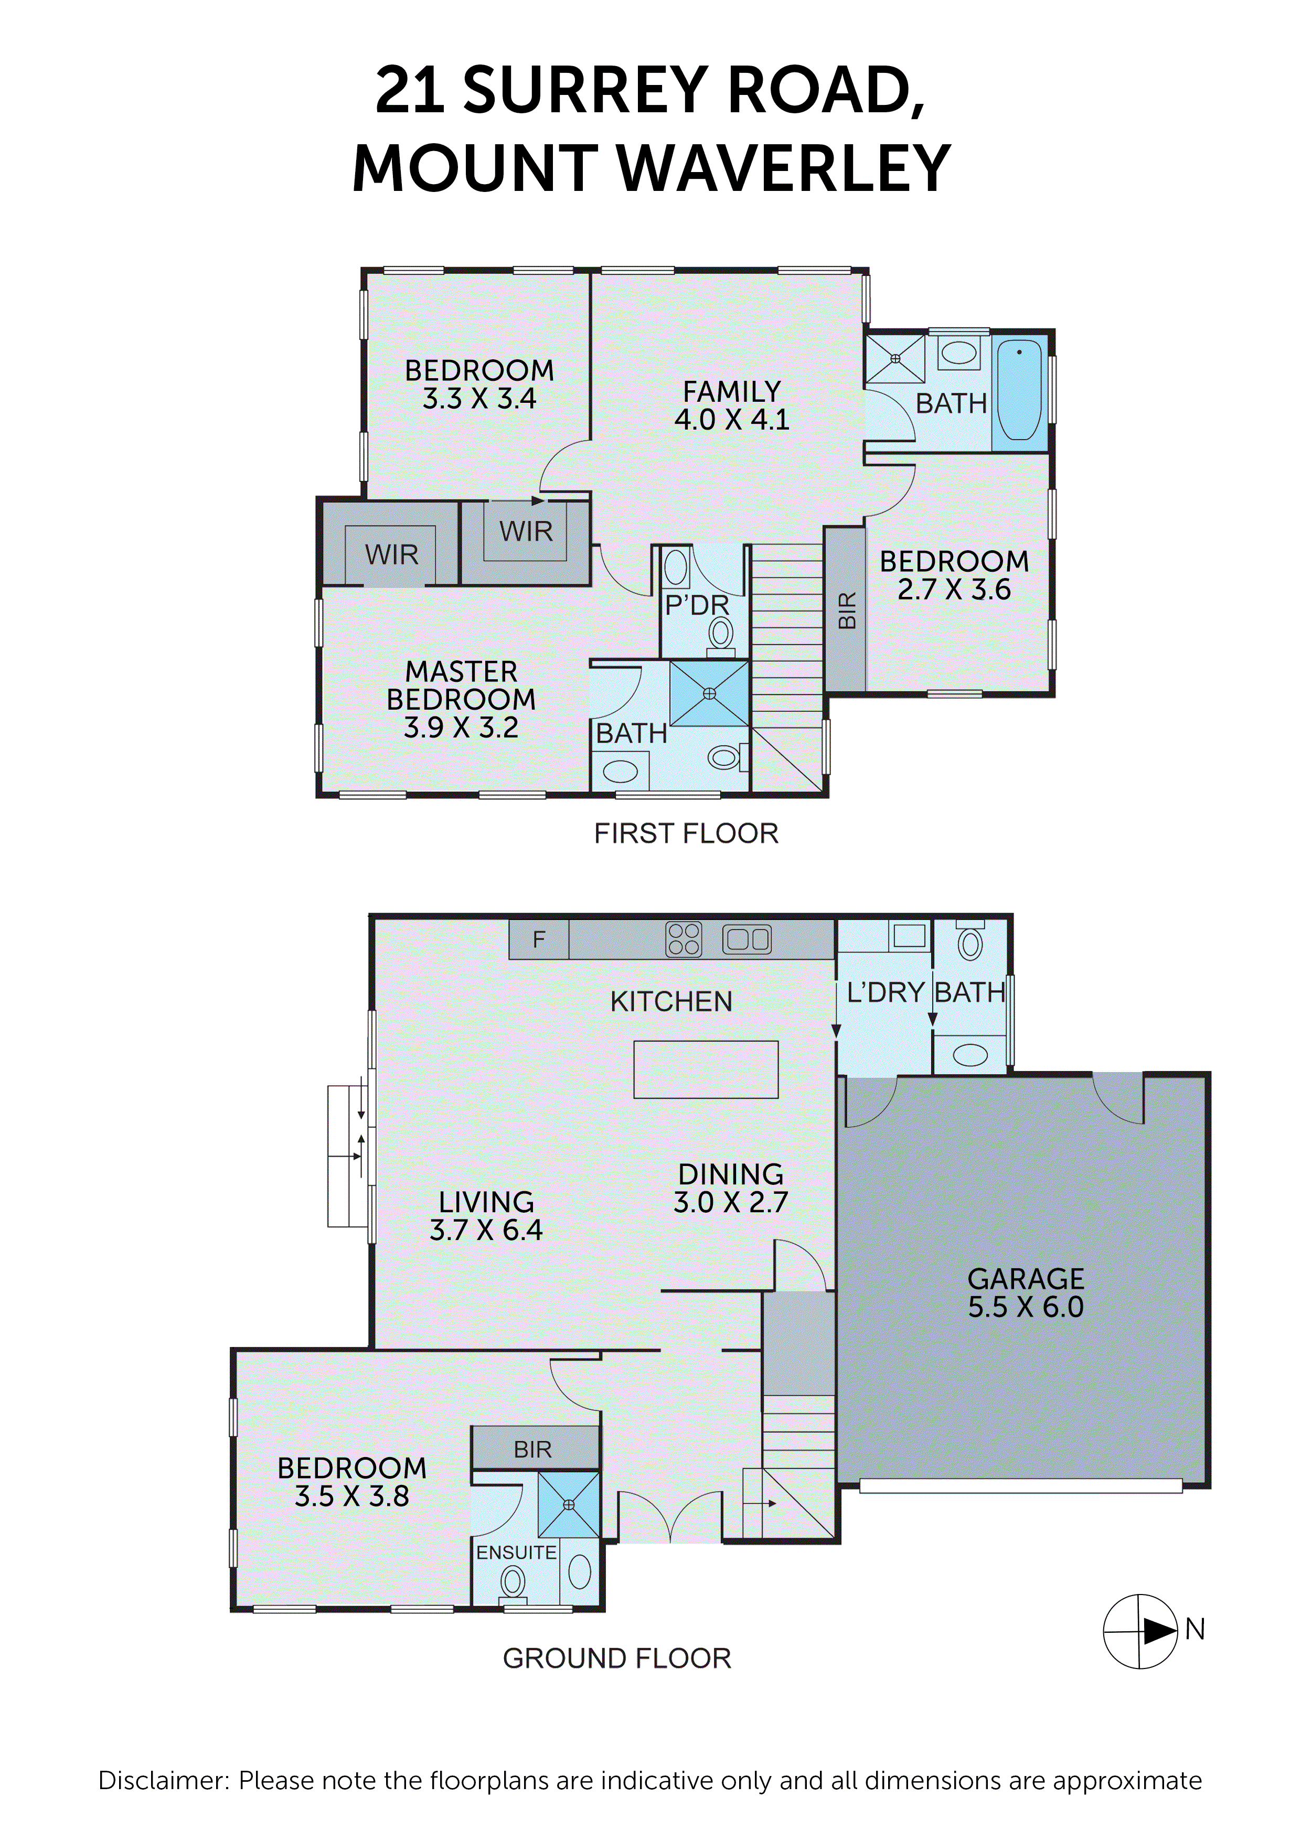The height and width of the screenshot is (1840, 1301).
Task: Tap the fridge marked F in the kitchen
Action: (x=539, y=939)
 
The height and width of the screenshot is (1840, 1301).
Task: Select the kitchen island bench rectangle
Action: (x=706, y=1069)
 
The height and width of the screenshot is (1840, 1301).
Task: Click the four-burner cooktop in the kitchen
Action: (x=684, y=939)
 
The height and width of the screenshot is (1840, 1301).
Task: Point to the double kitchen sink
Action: (x=747, y=939)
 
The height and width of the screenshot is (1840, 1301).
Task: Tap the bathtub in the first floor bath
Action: (x=1020, y=390)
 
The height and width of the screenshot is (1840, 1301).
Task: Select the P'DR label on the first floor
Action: (x=697, y=605)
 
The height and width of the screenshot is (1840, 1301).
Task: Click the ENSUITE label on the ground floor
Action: (x=516, y=1552)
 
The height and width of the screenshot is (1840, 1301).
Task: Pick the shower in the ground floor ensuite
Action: (x=568, y=1504)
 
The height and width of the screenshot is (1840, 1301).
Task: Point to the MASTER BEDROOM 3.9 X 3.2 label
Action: (x=461, y=699)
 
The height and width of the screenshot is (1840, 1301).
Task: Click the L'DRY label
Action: (x=885, y=992)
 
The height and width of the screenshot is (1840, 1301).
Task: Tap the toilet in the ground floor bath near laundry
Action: (x=970, y=943)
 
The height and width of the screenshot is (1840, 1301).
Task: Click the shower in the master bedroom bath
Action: (x=709, y=693)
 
